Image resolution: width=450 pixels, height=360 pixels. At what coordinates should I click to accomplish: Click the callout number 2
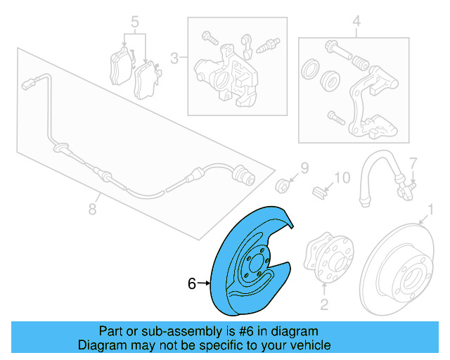point(324,304)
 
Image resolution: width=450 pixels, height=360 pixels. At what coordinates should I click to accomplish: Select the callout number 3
point(175,57)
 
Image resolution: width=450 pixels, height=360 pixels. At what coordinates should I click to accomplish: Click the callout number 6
point(191,284)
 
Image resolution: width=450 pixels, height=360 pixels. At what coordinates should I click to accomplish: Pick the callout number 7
point(413,162)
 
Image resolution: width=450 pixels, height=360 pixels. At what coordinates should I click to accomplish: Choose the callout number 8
point(92,208)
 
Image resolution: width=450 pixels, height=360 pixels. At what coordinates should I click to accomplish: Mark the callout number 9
point(304,167)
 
